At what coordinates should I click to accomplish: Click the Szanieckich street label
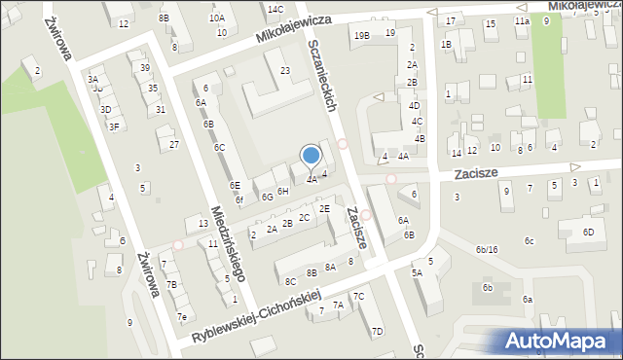321,76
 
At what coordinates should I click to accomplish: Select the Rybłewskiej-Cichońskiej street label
257,319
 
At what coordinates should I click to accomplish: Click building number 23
285,70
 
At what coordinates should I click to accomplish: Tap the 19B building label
362,35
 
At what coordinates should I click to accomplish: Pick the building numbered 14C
275,10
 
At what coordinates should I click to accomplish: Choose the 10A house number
216,18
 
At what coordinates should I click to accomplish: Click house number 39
144,67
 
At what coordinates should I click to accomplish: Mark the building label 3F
114,126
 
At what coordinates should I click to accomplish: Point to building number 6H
283,192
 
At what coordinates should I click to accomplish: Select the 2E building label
325,208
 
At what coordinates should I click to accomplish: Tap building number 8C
290,281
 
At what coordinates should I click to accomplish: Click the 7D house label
377,332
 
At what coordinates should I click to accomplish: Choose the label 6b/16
487,250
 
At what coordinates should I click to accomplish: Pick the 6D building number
588,232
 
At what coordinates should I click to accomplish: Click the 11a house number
523,20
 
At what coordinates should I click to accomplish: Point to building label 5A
417,273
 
